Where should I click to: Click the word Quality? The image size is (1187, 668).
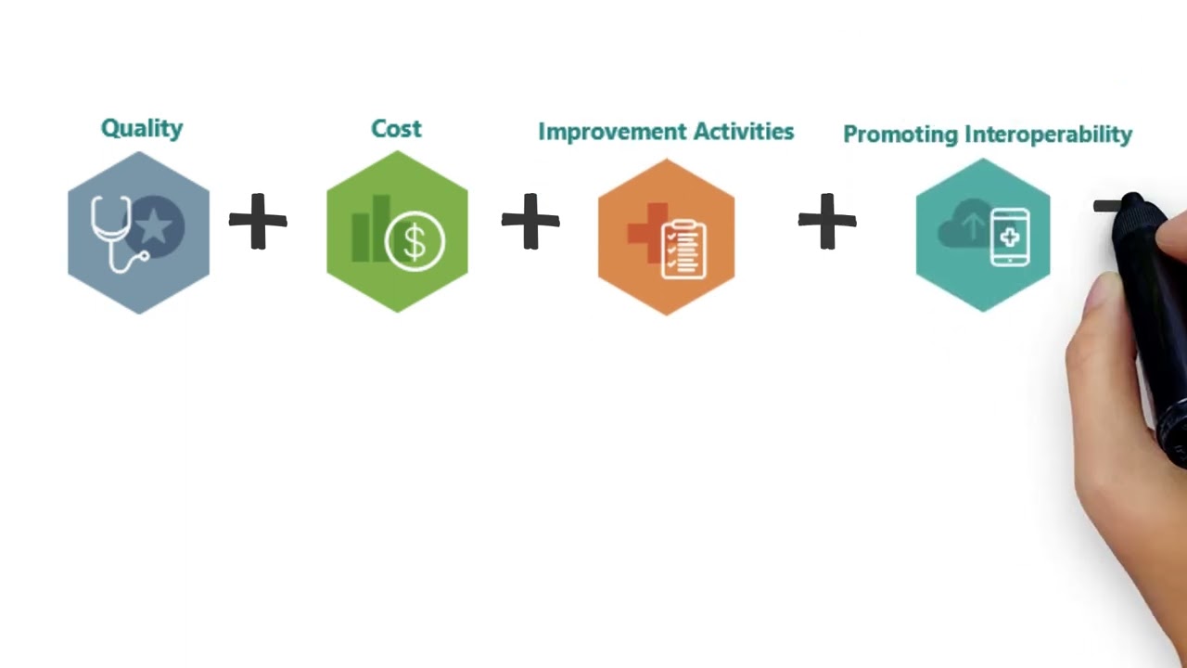click(142, 128)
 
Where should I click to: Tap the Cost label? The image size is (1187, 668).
click(396, 129)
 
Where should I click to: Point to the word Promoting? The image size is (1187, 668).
click(900, 135)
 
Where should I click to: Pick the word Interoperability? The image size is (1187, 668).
click(1048, 135)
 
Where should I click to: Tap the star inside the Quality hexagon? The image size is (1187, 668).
click(156, 225)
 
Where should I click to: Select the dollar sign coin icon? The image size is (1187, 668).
click(415, 242)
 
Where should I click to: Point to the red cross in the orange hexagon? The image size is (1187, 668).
click(645, 230)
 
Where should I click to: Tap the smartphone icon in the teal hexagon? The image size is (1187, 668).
click(1009, 238)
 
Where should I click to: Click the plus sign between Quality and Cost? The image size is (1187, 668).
click(258, 222)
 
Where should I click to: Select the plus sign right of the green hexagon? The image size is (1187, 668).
click(530, 222)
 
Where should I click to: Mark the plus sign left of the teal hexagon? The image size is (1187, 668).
click(827, 222)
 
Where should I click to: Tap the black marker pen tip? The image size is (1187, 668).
click(1132, 203)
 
